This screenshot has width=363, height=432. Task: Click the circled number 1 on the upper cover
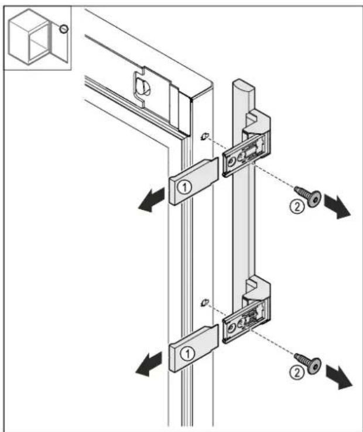(x=184, y=188)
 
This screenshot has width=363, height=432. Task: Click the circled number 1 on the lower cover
(x=187, y=353)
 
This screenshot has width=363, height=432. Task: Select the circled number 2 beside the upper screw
(x=297, y=206)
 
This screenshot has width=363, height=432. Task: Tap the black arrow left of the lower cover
(x=149, y=363)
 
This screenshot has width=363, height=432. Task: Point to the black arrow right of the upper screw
(x=337, y=206)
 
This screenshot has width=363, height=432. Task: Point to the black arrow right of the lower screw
(x=339, y=377)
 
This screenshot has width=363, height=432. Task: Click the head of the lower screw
(x=314, y=366)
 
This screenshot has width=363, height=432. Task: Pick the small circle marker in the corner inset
(x=64, y=29)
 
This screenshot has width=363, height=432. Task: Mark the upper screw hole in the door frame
(x=205, y=136)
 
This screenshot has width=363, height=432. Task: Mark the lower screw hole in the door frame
(x=205, y=302)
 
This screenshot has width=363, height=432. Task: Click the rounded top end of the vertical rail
(x=244, y=86)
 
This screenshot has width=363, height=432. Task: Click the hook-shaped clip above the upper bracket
(x=256, y=121)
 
